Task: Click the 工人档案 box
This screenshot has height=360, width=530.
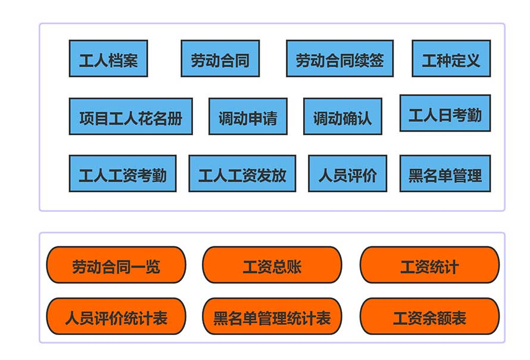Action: [x=108, y=59]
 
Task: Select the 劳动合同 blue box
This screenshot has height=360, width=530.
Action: [x=220, y=59]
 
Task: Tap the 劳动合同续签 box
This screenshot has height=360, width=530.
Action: [x=339, y=59]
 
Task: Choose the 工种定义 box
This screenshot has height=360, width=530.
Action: [x=451, y=59]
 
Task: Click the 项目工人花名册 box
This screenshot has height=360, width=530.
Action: [x=130, y=117]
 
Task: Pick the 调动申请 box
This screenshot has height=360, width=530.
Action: [x=248, y=117]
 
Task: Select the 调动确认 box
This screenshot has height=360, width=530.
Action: [x=342, y=117]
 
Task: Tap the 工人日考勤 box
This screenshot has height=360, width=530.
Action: [x=445, y=113]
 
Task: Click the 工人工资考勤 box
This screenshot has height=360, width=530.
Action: [x=123, y=174]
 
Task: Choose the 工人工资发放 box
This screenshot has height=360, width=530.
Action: [x=242, y=174]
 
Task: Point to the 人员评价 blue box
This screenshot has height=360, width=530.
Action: [x=347, y=174]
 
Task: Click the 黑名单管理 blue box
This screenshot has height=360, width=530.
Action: [x=445, y=174]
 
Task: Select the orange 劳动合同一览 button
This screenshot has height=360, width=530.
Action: [x=116, y=265]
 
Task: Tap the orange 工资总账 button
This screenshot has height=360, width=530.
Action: [x=272, y=265]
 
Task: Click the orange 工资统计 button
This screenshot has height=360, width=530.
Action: [x=429, y=265]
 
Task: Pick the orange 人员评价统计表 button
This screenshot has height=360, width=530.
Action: [x=116, y=317]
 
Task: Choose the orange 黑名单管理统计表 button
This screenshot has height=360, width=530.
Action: [x=272, y=317]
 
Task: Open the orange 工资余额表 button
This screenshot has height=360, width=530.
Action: [x=429, y=317]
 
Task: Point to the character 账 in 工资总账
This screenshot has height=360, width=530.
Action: [x=294, y=266]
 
